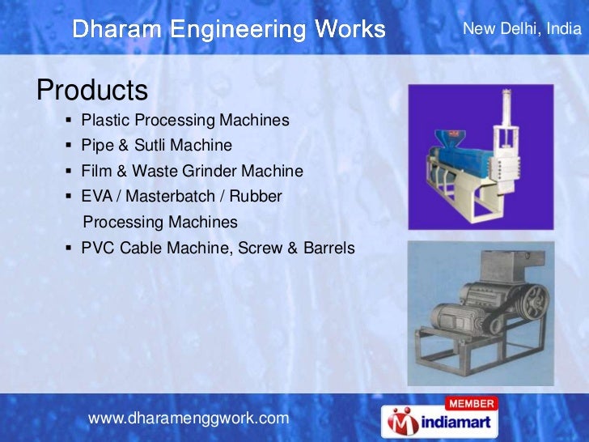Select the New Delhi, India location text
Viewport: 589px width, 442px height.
521,30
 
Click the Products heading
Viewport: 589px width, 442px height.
91,88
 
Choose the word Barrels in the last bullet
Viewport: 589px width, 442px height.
328,248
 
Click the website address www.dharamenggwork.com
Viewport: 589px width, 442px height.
188,418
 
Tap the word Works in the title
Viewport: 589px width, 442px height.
350,30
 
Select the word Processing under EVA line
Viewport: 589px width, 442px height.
125,222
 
